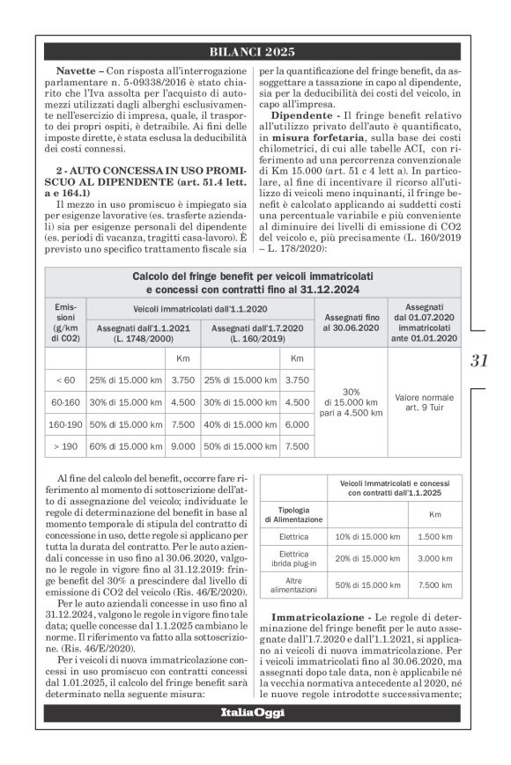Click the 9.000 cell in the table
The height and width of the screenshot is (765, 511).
coord(182,446)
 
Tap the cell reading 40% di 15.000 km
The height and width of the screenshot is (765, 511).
coord(239,423)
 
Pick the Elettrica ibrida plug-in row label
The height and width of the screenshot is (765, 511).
coord(293,557)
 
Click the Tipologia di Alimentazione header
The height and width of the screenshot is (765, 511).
coord(293,514)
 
